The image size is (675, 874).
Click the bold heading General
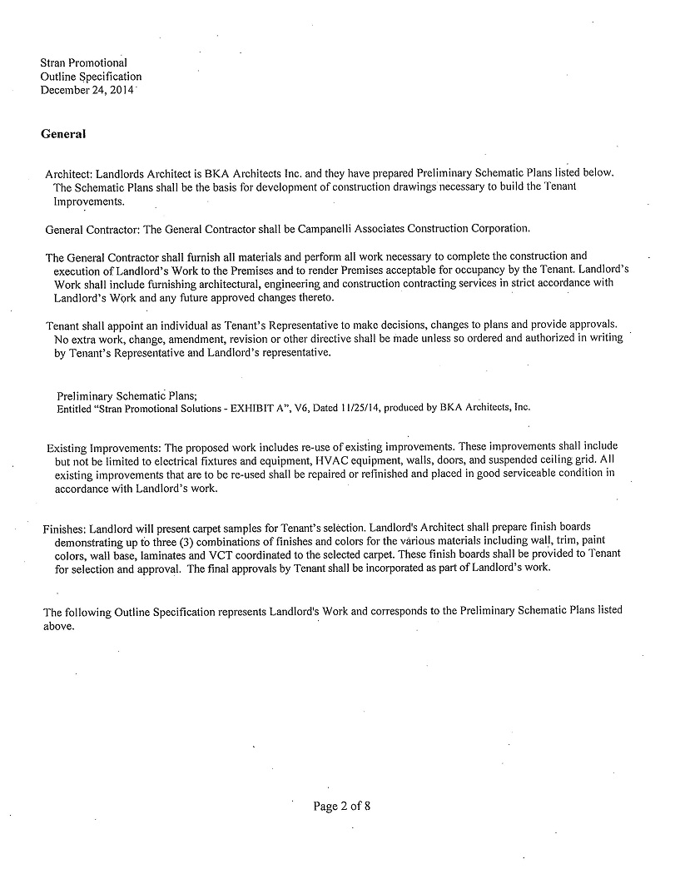click(x=63, y=133)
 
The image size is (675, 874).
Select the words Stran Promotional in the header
click(x=83, y=62)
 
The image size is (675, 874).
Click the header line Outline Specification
click(x=91, y=77)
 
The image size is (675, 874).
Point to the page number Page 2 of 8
click(x=347, y=806)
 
